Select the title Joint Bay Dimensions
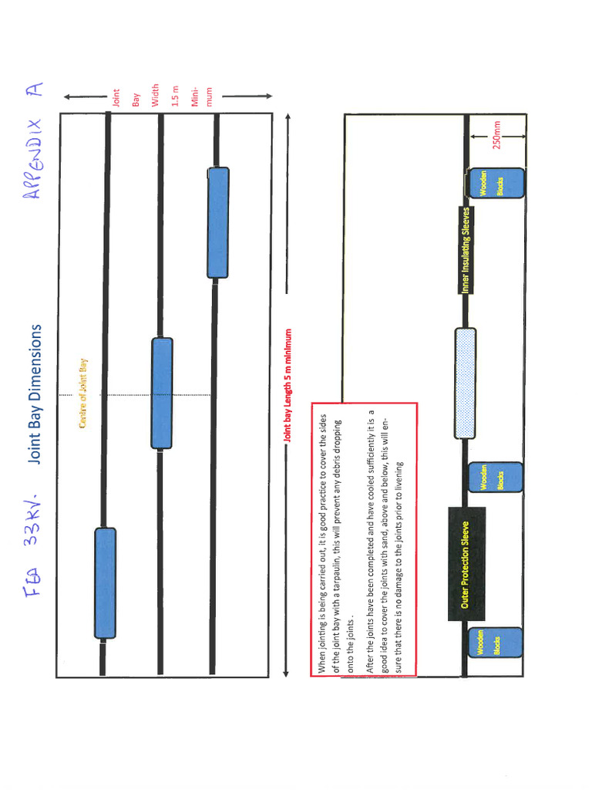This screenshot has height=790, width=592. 35,394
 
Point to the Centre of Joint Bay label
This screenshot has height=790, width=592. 82,393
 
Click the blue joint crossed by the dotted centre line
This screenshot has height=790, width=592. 162,393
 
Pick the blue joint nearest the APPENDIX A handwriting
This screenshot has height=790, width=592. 218,222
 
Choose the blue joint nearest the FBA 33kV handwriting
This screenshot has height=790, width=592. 106,583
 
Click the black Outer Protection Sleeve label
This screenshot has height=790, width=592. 466,564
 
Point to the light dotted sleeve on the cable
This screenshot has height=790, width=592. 465,383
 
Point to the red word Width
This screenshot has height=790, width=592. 156,96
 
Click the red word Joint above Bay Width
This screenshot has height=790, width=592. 116,97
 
